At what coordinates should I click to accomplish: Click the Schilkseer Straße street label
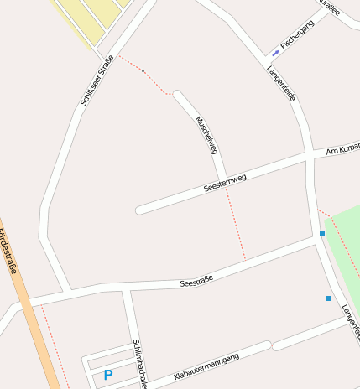[97, 80]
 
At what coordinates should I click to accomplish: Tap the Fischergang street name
[297, 35]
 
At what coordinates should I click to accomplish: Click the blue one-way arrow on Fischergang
[276, 53]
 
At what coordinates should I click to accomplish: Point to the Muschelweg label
[206, 134]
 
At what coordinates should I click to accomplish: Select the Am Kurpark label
[342, 148]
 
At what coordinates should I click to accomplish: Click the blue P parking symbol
[107, 375]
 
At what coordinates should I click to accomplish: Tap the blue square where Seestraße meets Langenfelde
[321, 233]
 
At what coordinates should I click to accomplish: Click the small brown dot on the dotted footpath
[143, 71]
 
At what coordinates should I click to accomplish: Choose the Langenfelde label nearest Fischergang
[281, 84]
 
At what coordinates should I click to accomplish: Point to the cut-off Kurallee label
[329, 8]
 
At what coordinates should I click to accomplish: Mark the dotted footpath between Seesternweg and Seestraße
[236, 225]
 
